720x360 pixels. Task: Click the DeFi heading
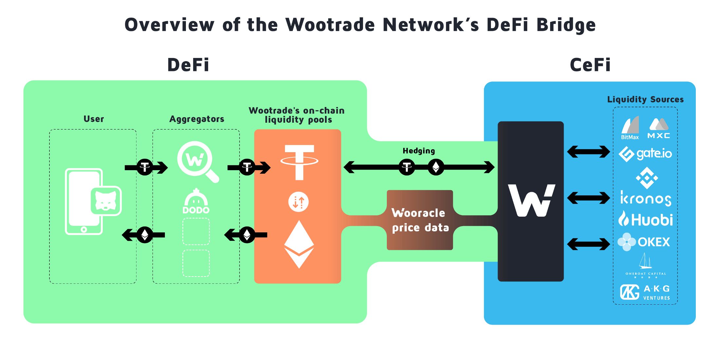click(x=188, y=65)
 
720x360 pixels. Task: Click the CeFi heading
click(x=590, y=65)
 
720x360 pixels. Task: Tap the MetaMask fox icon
click(x=106, y=201)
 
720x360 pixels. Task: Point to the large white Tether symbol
click(x=299, y=162)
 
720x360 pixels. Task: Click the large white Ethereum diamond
click(x=299, y=244)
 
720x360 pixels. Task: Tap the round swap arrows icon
click(x=298, y=202)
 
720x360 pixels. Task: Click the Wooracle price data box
click(x=420, y=220)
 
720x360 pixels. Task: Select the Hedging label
click(x=419, y=151)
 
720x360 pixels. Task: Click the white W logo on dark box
click(x=531, y=200)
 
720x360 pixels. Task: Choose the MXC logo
click(x=659, y=129)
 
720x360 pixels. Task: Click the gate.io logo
click(x=645, y=154)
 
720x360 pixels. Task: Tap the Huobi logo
click(x=645, y=219)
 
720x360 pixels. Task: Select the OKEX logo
click(x=644, y=242)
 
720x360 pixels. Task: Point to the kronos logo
click(x=645, y=198)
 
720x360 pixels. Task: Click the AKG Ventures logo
click(x=645, y=292)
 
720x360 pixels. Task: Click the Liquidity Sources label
click(x=645, y=99)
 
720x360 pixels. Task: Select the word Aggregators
click(x=197, y=119)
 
